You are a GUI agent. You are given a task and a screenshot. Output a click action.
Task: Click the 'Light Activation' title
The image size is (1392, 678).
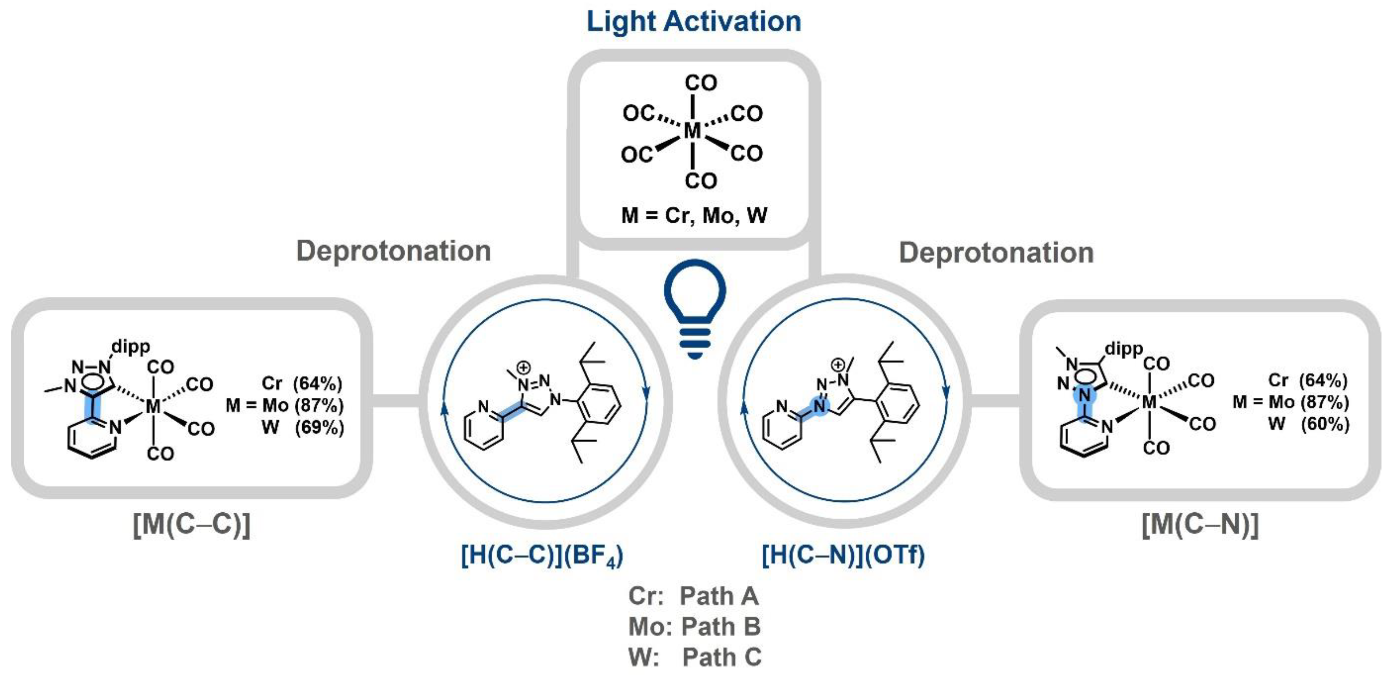694,22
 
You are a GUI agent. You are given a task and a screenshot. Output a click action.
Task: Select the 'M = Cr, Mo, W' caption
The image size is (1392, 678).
694,215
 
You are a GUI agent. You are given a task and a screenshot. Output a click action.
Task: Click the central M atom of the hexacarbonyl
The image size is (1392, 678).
692,131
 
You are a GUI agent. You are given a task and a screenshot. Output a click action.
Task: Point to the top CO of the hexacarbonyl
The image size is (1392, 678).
700,83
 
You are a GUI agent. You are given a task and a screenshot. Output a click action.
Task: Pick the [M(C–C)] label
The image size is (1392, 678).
191,524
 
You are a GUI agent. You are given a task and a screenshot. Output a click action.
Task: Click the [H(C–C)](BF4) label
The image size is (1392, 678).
542,555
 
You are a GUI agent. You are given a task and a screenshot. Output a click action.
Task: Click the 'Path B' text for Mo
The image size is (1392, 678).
721,627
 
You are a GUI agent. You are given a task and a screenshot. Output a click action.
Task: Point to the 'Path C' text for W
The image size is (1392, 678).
722,657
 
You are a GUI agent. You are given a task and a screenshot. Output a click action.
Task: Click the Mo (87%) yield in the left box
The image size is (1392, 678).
303,405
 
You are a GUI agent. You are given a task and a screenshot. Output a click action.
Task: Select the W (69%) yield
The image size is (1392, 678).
303,427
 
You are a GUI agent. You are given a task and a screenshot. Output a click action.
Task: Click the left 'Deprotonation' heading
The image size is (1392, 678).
393,251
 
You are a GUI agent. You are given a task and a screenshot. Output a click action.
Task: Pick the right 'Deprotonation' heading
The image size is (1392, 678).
996,252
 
